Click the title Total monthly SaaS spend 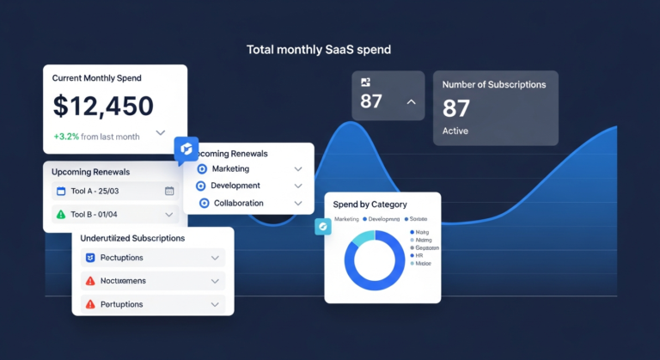point(318,50)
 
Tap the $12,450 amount point(103,107)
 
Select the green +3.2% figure point(66,137)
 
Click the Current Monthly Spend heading point(97,78)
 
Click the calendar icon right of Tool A point(169,191)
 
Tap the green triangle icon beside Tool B point(60,215)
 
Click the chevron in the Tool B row point(169,215)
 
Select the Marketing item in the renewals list point(230,169)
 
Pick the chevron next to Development point(298,186)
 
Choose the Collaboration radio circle point(204,203)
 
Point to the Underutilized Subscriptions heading point(132,238)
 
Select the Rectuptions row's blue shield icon point(90,258)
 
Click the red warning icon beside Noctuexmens point(90,281)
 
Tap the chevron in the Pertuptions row point(215,304)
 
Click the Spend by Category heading point(371,204)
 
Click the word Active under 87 point(455,131)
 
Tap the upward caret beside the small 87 point(411,102)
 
